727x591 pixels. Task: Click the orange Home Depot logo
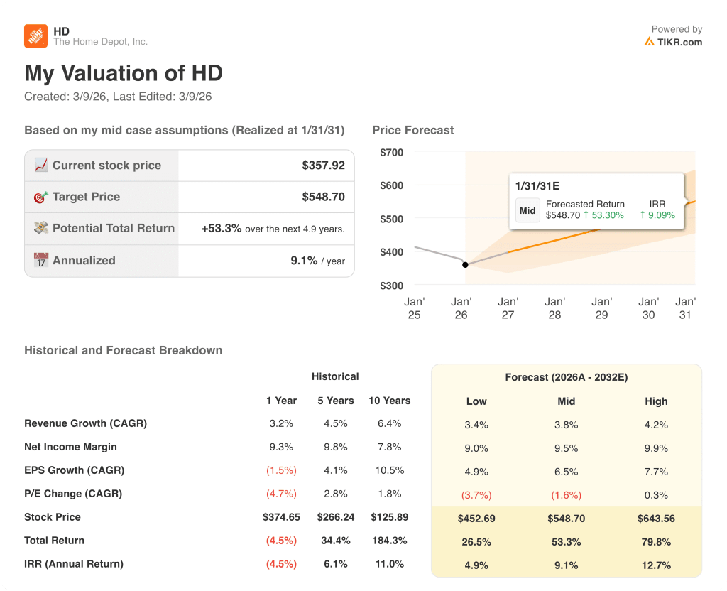36,36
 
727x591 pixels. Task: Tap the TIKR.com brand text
679,42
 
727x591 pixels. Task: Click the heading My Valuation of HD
124,73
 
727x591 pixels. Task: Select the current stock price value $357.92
323,166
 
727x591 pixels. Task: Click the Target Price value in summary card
323,197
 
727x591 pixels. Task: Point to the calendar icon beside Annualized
41,260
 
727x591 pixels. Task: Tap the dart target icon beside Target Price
41,197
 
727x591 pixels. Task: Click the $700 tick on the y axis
391,152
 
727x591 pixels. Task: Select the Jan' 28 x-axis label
554,308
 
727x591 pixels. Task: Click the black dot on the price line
465,265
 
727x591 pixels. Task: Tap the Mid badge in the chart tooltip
528,210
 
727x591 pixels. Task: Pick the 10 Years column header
389,401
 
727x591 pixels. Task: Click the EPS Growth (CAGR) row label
74,470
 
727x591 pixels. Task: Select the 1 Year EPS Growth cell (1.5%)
281,470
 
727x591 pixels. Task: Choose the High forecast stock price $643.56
656,519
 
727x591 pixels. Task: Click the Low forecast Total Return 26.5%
476,542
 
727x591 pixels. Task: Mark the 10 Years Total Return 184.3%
389,541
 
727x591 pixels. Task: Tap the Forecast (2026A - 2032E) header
566,377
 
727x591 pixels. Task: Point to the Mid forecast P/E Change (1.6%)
566,495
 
